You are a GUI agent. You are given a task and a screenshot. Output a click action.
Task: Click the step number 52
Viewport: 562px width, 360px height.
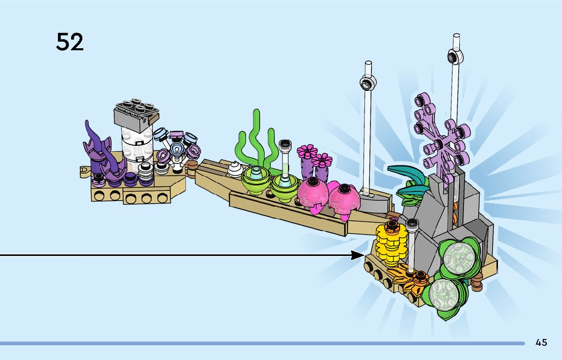tap(70, 42)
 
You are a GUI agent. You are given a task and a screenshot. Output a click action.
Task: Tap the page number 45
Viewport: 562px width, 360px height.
tap(541, 342)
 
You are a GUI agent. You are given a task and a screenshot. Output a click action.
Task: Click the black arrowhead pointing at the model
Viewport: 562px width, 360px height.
tap(357, 255)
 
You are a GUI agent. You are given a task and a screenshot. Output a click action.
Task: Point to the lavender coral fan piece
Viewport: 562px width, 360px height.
tap(442, 138)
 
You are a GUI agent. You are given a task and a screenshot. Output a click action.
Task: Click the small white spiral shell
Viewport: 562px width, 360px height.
tap(235, 169)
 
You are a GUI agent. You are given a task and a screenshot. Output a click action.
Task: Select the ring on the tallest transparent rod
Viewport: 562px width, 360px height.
tap(455, 56)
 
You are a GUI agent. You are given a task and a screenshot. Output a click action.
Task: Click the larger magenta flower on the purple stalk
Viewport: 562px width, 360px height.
tap(307, 152)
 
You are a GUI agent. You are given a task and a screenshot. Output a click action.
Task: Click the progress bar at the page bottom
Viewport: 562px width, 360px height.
tap(262, 343)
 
